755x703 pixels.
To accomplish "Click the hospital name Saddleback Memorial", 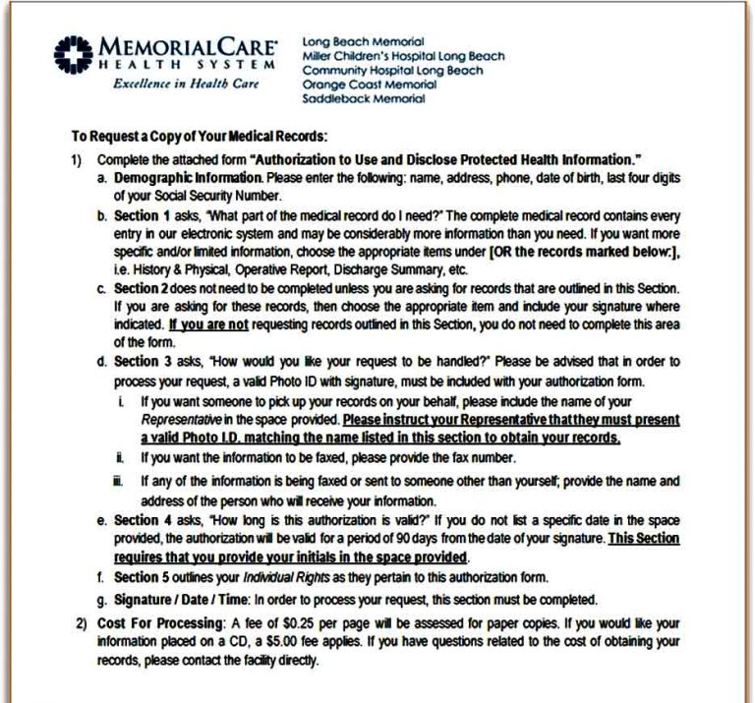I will (364, 98).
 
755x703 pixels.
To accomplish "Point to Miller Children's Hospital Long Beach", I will (403, 56).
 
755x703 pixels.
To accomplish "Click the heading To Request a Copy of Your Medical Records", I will (199, 137).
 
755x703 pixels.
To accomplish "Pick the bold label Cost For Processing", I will (152, 624).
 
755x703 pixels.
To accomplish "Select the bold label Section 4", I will (144, 519).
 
